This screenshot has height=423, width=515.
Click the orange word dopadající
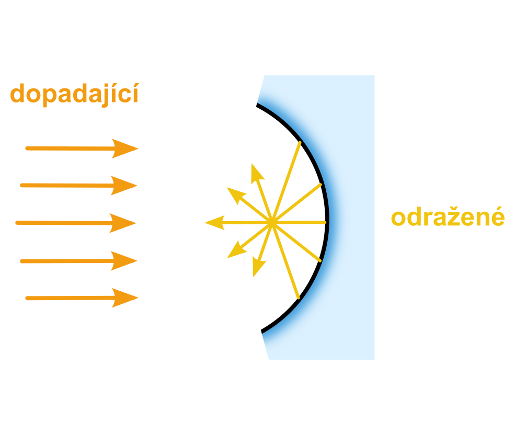click(x=75, y=95)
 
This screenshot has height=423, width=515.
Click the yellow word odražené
click(x=448, y=217)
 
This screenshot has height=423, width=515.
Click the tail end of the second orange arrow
click(x=22, y=186)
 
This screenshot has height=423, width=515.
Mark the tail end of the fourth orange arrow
click(x=22, y=261)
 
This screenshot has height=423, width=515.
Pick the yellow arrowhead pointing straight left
click(x=215, y=223)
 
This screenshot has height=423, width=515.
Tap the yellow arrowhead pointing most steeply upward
click(x=257, y=174)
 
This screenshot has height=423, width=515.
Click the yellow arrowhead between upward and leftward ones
click(x=236, y=196)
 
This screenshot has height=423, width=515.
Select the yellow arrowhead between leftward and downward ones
click(x=236, y=249)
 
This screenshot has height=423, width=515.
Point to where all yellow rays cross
click(x=272, y=223)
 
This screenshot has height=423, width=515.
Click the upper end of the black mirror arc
click(x=257, y=105)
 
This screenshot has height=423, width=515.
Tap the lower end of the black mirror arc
click(x=262, y=331)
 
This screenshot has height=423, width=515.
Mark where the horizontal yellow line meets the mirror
click(x=325, y=222)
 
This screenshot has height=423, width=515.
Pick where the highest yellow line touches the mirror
click(x=300, y=143)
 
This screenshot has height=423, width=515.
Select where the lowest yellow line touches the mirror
click(x=299, y=298)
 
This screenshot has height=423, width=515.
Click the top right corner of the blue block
click(x=374, y=75)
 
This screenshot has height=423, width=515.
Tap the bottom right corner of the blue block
click(x=374, y=359)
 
